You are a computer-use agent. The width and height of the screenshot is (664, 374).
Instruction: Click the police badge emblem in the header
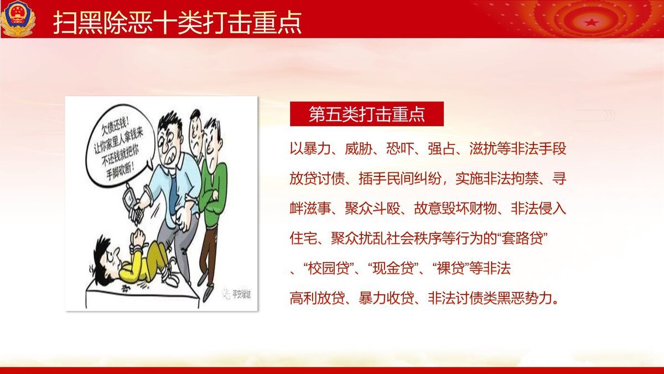click(18, 18)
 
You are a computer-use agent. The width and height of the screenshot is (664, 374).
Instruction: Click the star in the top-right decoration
click(591, 22)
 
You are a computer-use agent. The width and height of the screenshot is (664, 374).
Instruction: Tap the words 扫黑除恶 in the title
click(102, 23)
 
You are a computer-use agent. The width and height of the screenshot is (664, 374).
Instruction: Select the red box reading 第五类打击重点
click(366, 114)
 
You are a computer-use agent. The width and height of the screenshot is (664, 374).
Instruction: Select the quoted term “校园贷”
click(330, 269)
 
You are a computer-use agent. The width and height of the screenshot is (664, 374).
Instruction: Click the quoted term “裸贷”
click(450, 269)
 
